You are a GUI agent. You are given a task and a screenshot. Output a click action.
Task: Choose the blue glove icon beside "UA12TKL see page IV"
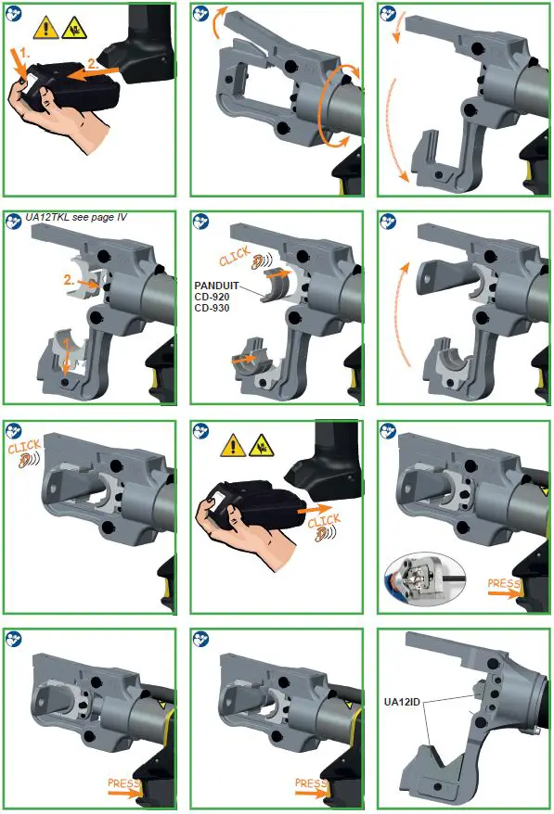14,221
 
